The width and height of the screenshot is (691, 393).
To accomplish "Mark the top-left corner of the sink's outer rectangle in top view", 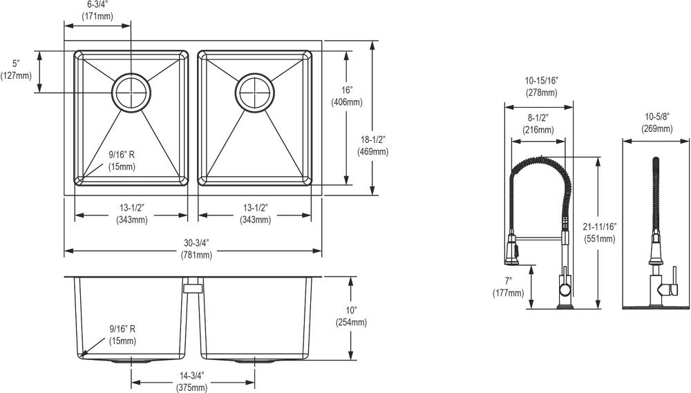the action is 64,41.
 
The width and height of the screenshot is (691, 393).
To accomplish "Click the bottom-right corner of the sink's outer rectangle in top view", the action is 322,195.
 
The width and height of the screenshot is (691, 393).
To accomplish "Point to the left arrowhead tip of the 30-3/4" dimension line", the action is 65,251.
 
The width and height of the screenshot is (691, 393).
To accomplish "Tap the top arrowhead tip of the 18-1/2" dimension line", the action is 373,41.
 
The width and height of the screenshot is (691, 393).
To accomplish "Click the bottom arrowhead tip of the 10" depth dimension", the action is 350,360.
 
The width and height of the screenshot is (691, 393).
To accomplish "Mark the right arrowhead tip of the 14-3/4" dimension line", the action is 255,382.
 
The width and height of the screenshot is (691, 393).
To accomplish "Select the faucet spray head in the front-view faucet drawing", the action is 511,249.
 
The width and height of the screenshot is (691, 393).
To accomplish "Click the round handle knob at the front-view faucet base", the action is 565,289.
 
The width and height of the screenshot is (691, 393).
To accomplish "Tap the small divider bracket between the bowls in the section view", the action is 193,288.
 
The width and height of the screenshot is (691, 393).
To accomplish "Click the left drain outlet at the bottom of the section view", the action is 131,361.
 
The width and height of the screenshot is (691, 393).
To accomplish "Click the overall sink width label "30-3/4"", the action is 196,242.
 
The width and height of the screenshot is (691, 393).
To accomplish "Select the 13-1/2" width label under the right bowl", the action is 255,207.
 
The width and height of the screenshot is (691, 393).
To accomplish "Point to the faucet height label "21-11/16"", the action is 599,227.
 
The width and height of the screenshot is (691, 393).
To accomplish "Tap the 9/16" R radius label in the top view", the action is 122,155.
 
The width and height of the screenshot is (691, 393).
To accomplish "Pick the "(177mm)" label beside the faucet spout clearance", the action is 509,293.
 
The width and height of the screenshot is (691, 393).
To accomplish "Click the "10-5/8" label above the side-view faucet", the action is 657,117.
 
